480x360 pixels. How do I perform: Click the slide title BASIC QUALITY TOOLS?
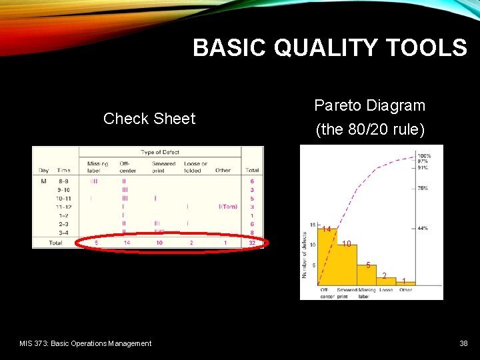330,48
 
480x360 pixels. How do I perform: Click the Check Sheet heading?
149,119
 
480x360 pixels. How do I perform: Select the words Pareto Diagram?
369,105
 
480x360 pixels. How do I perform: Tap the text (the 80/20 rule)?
369,129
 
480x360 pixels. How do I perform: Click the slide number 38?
463,343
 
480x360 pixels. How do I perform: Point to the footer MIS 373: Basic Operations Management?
85,343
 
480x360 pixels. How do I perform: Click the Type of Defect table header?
160,153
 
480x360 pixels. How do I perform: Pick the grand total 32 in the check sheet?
251,243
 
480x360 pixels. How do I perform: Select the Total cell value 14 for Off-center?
127,243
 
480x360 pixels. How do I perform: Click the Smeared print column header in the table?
163,167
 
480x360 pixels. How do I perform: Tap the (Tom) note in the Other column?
228,207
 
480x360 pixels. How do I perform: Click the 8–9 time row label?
63,181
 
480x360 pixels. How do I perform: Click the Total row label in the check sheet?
55,243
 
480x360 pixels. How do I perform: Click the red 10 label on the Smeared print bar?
347,244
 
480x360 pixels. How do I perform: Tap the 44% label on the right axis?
422,228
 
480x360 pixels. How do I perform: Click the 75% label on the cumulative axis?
422,188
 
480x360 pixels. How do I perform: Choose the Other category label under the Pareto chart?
405,290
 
